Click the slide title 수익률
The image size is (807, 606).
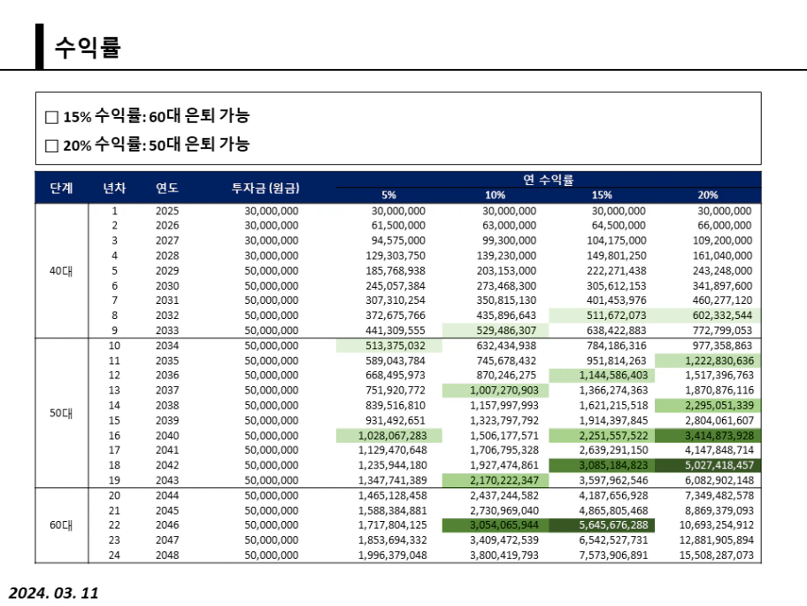[87, 47]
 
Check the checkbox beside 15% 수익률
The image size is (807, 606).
[51, 117]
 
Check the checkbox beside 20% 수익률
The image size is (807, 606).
[51, 145]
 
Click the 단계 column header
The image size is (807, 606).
[62, 188]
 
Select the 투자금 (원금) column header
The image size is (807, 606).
[265, 188]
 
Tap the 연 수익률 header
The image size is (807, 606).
[548, 180]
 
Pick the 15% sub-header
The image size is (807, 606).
[602, 195]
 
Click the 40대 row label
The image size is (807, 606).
[62, 271]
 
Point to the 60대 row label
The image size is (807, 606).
[62, 524]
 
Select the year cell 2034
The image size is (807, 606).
[167, 346]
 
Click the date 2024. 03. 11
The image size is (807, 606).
[54, 593]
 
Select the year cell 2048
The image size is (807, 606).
[167, 555]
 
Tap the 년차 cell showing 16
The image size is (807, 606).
[114, 435]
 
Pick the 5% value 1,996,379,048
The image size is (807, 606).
[392, 555]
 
